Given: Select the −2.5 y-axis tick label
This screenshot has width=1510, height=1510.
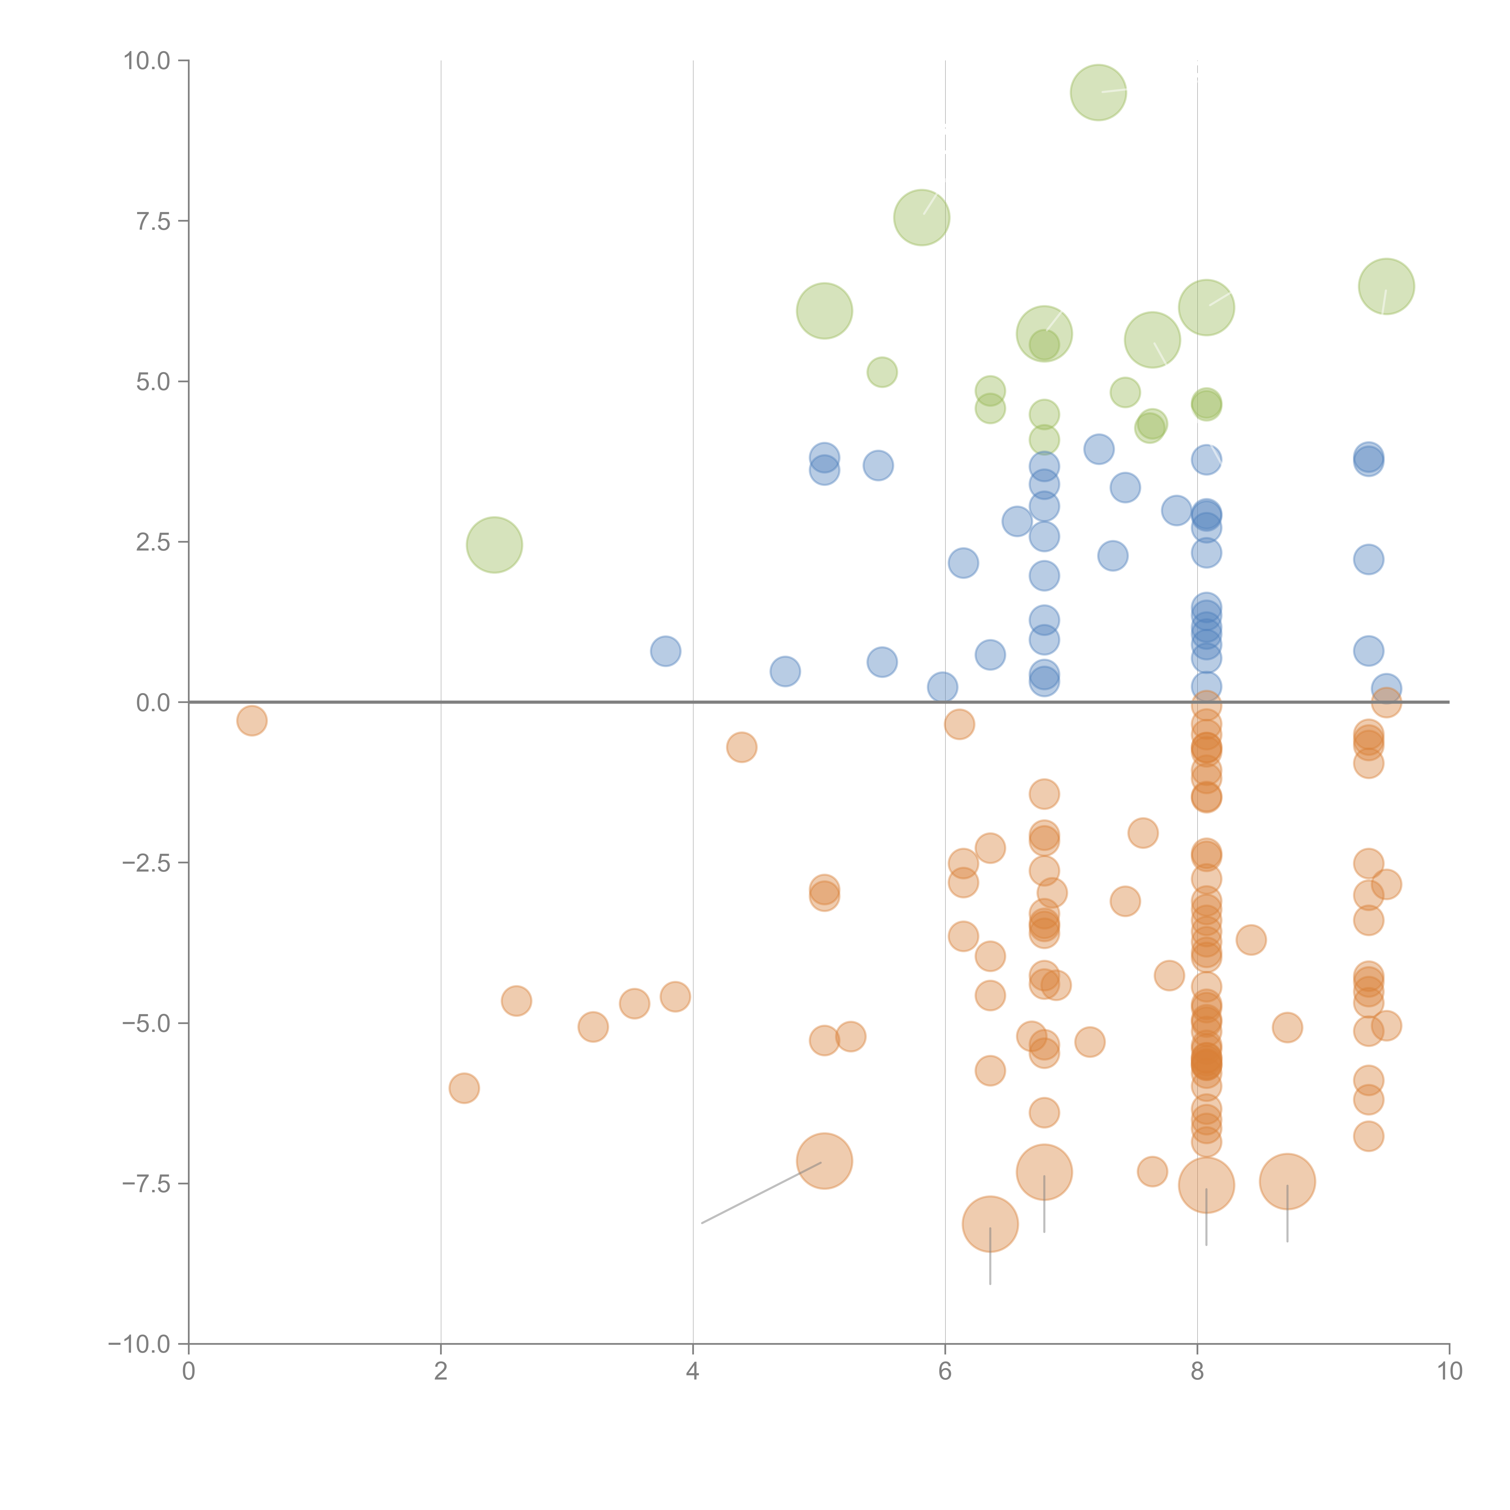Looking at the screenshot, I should pos(145,863).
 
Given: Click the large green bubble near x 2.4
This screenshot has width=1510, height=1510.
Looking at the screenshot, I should pos(494,545).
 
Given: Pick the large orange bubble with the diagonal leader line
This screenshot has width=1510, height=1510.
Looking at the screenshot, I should pos(824,1161).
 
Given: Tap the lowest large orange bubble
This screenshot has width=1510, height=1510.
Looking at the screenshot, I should pos(989,1224).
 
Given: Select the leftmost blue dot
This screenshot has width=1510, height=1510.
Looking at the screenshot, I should pos(665,650).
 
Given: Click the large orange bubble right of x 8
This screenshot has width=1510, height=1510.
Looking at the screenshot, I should pos(1287,1181).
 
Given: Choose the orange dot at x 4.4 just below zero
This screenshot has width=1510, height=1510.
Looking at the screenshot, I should pos(741,747).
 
